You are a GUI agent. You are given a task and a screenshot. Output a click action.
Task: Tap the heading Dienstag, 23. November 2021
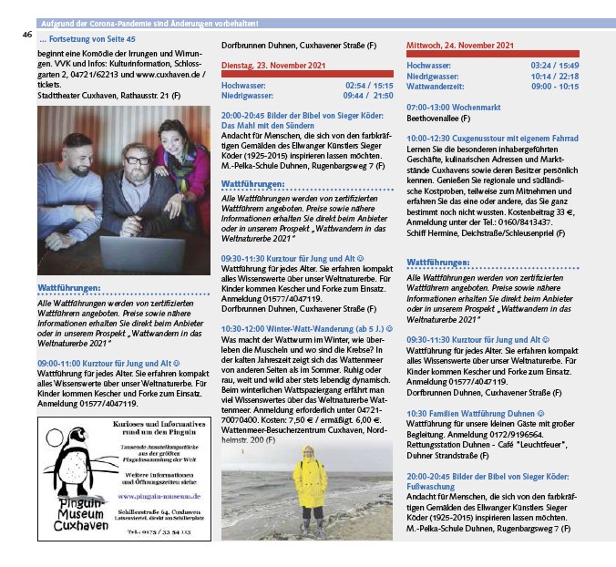pos(270,67)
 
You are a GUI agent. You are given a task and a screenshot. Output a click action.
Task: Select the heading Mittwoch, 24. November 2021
pos(459,45)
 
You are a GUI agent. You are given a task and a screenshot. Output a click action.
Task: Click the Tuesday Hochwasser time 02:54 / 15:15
pos(369,83)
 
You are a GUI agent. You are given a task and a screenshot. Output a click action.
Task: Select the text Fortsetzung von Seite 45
pos(87,41)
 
